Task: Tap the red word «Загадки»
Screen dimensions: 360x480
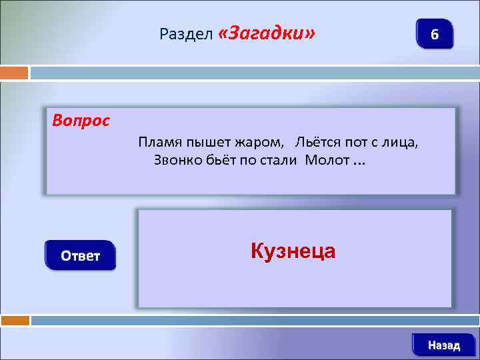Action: pyautogui.click(x=266, y=33)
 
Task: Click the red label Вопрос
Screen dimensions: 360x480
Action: pyautogui.click(x=81, y=122)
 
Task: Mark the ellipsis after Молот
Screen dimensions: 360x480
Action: pyautogui.click(x=359, y=162)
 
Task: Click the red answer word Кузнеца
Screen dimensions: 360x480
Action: pyautogui.click(x=293, y=251)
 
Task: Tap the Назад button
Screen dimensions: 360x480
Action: pyautogui.click(x=444, y=345)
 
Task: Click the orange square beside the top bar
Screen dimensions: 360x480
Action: pyautogui.click(x=14, y=72)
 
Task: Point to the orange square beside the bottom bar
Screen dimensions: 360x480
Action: pyautogui.click(x=15, y=321)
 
